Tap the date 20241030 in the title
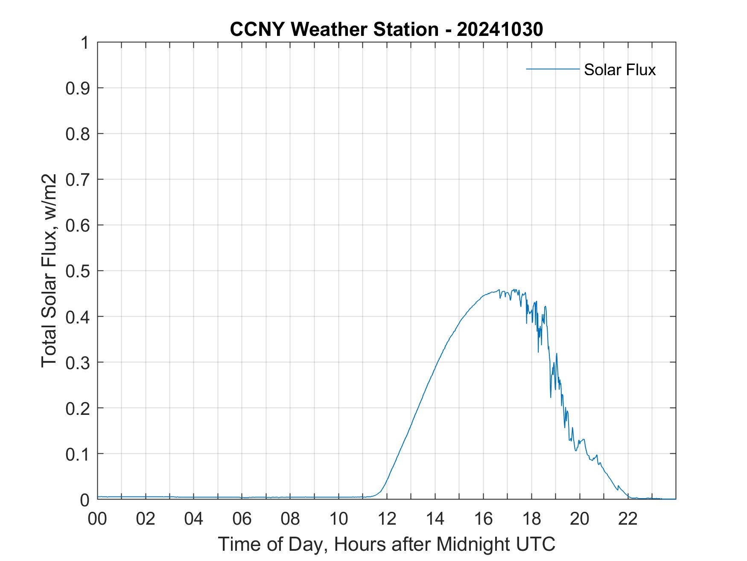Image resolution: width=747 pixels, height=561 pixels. [x=500, y=29]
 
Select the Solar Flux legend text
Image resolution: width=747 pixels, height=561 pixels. [x=619, y=70]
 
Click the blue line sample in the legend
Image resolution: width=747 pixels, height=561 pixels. [x=552, y=69]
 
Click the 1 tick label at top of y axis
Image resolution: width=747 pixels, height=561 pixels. [x=85, y=43]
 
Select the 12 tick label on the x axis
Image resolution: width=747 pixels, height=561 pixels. [x=387, y=519]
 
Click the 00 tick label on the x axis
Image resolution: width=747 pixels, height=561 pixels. [x=97, y=519]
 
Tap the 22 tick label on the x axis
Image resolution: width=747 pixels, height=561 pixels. [x=628, y=519]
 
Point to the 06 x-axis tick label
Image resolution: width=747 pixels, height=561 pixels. [x=242, y=519]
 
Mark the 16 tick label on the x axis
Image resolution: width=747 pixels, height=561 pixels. [x=483, y=519]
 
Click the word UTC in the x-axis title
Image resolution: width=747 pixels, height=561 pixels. [x=536, y=544]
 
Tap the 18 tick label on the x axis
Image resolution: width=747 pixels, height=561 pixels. [x=531, y=519]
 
